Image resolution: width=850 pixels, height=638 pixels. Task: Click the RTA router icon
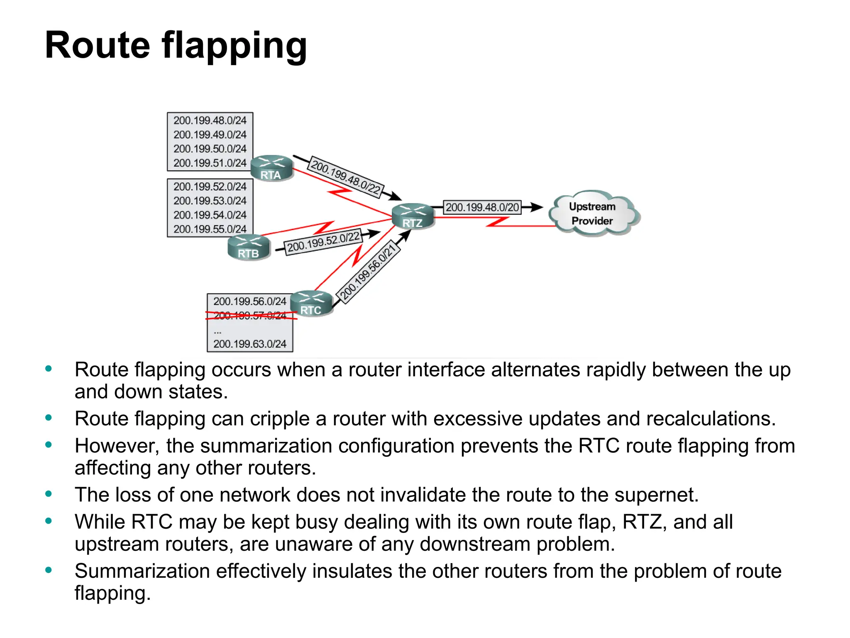272,168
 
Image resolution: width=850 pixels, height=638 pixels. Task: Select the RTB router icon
249,247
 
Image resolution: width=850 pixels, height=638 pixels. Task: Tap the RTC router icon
311,304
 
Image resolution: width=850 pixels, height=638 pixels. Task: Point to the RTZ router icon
413,216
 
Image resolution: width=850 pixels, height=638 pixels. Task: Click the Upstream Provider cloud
593,213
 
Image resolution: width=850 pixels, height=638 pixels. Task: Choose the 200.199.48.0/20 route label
482,207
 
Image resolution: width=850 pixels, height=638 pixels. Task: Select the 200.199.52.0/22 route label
323,242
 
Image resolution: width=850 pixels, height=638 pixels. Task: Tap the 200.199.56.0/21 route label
367,272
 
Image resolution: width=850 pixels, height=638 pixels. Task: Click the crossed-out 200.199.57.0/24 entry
250,316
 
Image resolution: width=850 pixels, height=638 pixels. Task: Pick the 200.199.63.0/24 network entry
250,344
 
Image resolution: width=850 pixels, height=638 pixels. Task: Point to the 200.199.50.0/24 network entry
210,149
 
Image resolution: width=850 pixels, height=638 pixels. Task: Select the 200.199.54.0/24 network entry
210,215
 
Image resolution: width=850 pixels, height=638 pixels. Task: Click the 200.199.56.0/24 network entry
250,301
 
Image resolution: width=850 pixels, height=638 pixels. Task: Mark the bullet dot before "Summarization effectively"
49,570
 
